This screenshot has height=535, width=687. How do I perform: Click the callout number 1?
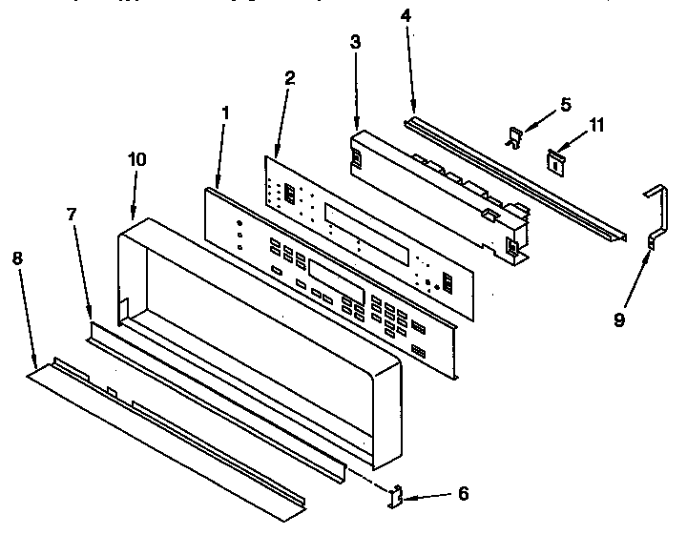click(x=225, y=113)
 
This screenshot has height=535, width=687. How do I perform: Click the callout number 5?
click(x=566, y=106)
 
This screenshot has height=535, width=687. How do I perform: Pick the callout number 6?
click(x=463, y=493)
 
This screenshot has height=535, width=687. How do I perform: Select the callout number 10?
click(x=136, y=159)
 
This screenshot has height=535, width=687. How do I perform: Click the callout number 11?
click(x=595, y=125)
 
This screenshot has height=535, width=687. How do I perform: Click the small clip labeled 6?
click(x=394, y=496)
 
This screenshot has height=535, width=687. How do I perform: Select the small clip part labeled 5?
click(x=514, y=139)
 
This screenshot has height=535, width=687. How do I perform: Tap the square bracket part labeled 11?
click(x=552, y=160)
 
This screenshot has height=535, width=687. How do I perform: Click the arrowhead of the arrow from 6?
click(x=406, y=495)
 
